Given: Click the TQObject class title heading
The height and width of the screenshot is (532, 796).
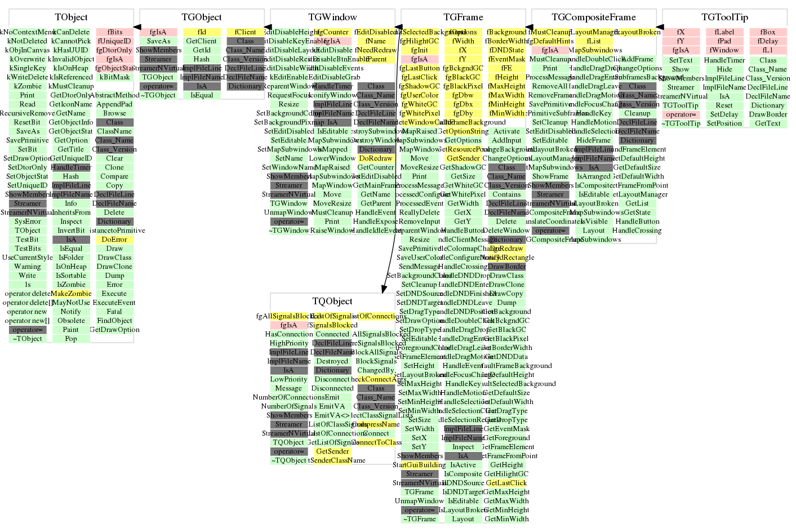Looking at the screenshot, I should tap(332, 302).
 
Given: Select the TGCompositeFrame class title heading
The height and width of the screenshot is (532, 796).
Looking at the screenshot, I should tap(594, 17).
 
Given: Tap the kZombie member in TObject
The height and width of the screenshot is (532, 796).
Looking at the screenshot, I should tap(28, 86).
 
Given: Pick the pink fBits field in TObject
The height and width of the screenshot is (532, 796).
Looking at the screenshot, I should tap(115, 32).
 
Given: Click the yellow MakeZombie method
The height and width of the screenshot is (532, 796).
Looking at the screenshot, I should tap(71, 294).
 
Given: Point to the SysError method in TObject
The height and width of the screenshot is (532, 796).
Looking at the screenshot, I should tap(28, 221).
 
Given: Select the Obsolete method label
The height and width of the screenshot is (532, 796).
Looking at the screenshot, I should tap(71, 321).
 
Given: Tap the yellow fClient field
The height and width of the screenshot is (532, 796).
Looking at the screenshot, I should tap(245, 32).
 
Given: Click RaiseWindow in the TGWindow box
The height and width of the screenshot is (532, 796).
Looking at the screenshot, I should tap(332, 230).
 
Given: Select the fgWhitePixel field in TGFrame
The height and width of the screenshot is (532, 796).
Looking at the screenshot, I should tap(419, 113).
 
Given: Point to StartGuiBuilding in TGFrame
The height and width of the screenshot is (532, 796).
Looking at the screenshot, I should tap(419, 465).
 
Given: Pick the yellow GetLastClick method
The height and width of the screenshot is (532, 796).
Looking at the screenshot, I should tap(506, 483).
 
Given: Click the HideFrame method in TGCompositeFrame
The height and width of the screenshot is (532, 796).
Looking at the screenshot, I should tap(594, 140).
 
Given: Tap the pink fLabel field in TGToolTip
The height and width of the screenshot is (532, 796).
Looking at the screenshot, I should tap(724, 32).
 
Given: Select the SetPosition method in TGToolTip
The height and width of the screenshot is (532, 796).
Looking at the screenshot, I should tap(724, 123).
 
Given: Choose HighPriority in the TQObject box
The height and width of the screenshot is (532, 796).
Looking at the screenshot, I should tap(289, 343).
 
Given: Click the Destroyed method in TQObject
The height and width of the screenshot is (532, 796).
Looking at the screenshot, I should tap(332, 361).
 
